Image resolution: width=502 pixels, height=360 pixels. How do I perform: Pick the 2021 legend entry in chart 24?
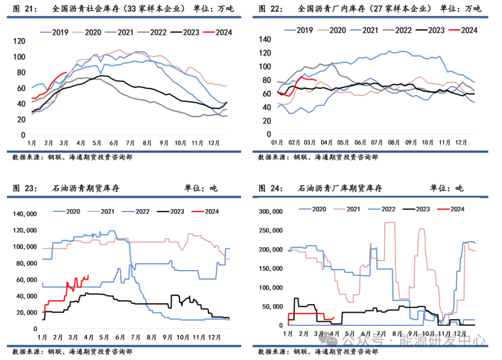[x=353, y=209]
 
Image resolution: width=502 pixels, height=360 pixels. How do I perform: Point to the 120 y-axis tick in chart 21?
[x=20, y=41]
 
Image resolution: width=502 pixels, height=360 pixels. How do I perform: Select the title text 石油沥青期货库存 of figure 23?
[x=86, y=188]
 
